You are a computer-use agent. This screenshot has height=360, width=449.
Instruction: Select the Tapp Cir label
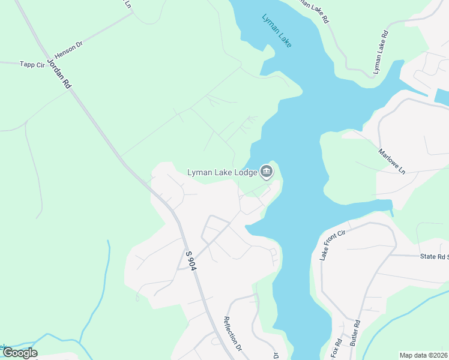click(x=32, y=64)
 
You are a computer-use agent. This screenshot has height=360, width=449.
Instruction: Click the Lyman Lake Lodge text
click(x=221, y=173)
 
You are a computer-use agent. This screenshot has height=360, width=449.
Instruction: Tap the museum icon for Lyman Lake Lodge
click(x=266, y=173)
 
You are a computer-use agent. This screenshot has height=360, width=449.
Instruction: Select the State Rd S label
click(x=434, y=256)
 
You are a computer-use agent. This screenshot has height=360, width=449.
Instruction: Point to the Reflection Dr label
click(x=232, y=334)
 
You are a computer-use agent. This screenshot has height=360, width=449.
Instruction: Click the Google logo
click(x=20, y=353)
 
